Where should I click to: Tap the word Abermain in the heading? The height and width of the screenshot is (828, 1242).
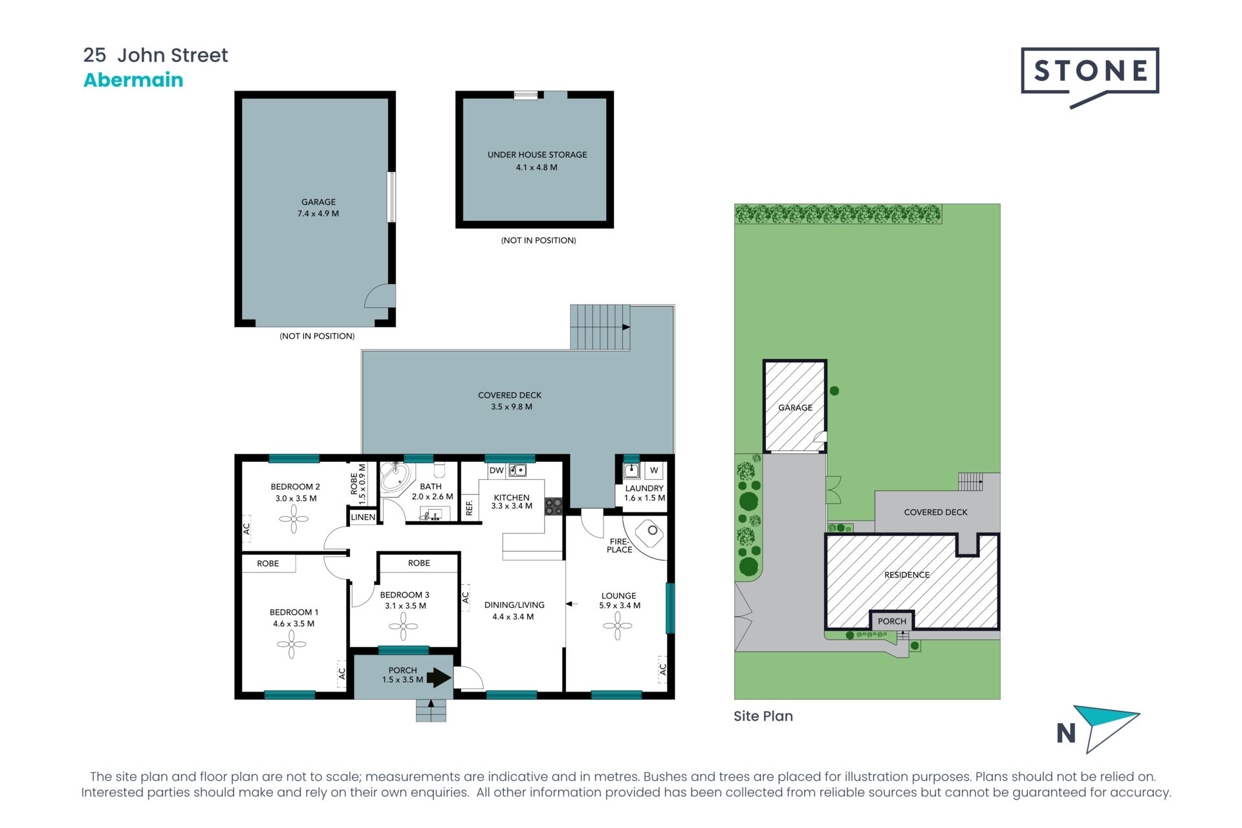click(x=133, y=80)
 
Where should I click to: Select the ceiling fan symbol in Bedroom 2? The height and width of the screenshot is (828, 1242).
click(x=294, y=519)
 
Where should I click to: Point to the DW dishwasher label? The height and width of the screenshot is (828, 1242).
click(x=496, y=470)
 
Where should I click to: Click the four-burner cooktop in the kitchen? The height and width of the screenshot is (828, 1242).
click(x=553, y=506)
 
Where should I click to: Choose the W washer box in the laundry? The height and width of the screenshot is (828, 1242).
click(x=654, y=470)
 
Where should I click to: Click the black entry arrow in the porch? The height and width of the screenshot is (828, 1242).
click(x=439, y=677)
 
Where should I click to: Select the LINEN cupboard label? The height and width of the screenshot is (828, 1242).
click(x=363, y=517)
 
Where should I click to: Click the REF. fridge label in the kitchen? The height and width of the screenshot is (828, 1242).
click(x=470, y=508)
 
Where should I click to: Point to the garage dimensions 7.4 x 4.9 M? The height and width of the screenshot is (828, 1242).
click(x=318, y=213)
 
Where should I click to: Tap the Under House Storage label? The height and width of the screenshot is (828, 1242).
click(x=537, y=155)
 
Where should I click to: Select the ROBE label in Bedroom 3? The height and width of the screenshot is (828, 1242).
click(x=419, y=563)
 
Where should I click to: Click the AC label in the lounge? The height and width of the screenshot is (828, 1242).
click(x=662, y=670)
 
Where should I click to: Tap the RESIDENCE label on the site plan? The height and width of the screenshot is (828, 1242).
click(x=906, y=575)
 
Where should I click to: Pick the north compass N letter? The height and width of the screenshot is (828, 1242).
click(x=1065, y=734)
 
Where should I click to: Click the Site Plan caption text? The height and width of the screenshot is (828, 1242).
click(x=763, y=716)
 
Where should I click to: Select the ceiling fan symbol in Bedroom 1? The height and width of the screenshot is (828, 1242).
click(x=291, y=644)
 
